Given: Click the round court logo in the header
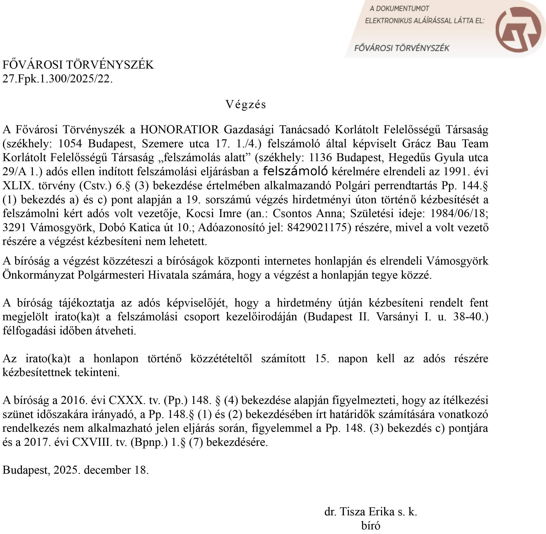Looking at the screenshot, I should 518,29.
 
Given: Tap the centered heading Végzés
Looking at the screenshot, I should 246,104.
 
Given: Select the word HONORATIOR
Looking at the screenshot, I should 179,130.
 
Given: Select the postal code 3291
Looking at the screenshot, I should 14,228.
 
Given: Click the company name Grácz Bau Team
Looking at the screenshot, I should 445,144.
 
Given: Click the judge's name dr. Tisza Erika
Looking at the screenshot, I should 359,511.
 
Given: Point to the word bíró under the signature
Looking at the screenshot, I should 371,526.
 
